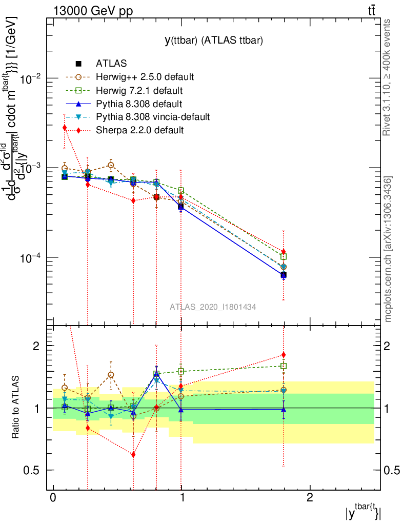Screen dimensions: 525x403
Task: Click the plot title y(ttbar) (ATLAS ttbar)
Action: coord(213,42)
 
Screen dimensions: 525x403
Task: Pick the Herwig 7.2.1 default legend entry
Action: coord(139,90)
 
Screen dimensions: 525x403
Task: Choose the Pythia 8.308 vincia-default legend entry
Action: coord(153,117)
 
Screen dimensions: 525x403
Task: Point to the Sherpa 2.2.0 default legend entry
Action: coord(139,130)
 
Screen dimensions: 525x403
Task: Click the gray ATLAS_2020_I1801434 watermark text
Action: coord(213,307)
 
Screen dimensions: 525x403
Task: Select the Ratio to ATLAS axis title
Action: coord(16,408)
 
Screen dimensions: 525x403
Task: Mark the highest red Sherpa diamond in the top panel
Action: coord(65,128)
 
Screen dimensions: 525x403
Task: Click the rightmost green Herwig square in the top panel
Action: coord(284,256)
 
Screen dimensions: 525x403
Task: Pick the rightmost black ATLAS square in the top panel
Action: coord(284,275)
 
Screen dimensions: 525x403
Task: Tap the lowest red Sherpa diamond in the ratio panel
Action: coord(133,454)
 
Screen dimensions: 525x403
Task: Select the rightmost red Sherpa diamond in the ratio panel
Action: coord(284,355)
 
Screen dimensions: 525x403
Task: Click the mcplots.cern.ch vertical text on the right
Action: coord(388,249)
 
